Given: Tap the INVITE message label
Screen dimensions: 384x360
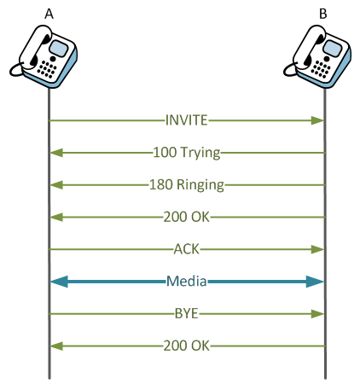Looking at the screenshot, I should [x=187, y=120].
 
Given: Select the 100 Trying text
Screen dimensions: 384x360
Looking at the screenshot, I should [x=187, y=153].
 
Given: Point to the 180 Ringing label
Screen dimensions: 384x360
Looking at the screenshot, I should [x=187, y=184].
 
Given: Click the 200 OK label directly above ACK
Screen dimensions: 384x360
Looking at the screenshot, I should [x=187, y=217].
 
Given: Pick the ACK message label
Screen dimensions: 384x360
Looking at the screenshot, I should [x=187, y=249].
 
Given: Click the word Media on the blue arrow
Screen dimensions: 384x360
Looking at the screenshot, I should [x=187, y=281].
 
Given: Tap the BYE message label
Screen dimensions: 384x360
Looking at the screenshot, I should [x=187, y=313].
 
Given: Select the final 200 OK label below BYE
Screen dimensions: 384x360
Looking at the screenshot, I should [x=187, y=346].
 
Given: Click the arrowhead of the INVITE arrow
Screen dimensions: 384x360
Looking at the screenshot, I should [x=319, y=120].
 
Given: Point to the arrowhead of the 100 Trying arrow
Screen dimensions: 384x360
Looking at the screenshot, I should [x=55, y=153].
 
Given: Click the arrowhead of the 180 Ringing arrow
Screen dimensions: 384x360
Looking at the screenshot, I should [x=55, y=184].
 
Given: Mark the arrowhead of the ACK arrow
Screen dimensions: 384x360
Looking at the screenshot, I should [x=319, y=249].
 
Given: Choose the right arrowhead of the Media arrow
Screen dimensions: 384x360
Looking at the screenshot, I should [x=316, y=281].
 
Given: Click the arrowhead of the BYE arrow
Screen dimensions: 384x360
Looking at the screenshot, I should [x=319, y=313].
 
